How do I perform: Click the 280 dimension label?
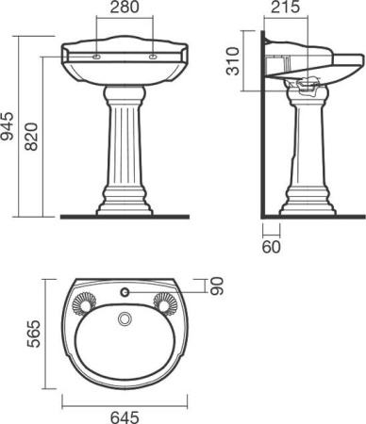(125, 8)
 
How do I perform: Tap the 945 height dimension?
(7, 126)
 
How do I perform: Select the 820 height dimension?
(31, 137)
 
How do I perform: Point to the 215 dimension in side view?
(286, 8)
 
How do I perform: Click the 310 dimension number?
(233, 61)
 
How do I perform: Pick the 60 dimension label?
(271, 247)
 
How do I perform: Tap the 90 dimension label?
(217, 285)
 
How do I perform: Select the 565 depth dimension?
(34, 334)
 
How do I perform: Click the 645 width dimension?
(125, 417)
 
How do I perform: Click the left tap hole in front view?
(96, 57)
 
